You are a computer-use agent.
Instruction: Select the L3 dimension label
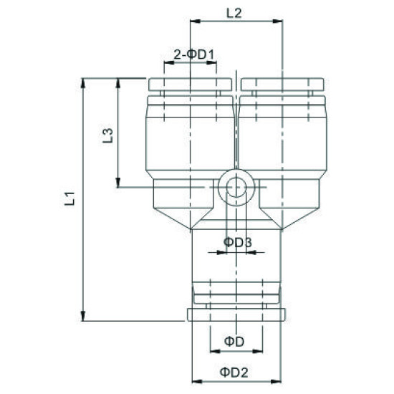[105, 135]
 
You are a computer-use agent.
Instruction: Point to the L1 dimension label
[70, 199]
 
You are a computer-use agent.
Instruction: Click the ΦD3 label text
[236, 242]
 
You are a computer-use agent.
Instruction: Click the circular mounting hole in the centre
[235, 188]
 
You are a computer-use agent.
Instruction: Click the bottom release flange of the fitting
[236, 314]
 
